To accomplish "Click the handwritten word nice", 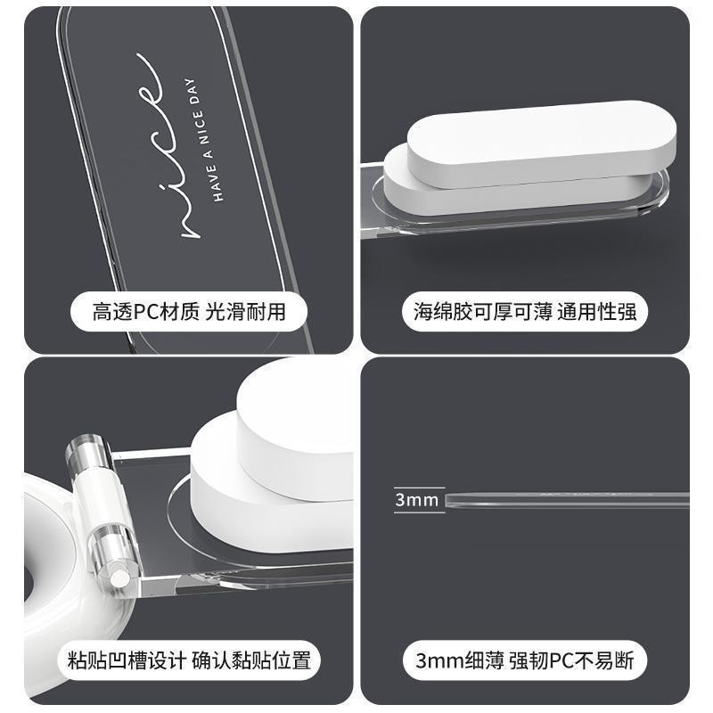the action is coord(168,145).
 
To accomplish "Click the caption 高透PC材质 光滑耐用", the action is coord(189,312).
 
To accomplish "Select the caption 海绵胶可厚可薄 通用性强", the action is coord(525,312).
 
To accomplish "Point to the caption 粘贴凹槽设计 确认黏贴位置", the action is coord(189,660).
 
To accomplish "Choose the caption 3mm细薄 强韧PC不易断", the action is coord(525,660).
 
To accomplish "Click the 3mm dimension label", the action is coord(416,500).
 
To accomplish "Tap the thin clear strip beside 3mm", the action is coord(567,499).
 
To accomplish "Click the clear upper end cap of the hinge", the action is coord(87,450).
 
